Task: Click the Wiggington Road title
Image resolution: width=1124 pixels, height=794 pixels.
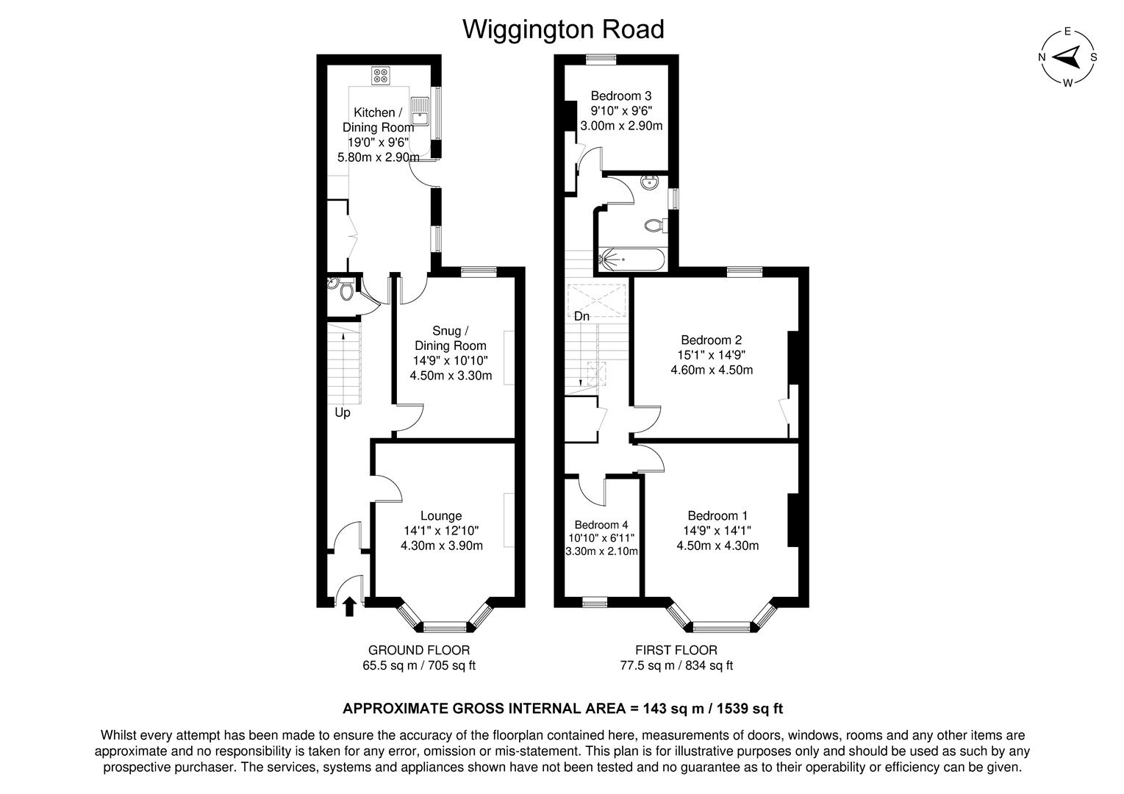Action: (562, 29)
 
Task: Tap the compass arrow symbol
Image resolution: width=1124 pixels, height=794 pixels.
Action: (1067, 57)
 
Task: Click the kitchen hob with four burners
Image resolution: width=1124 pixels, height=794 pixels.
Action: (381, 74)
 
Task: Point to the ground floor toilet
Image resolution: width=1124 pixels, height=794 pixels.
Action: (346, 292)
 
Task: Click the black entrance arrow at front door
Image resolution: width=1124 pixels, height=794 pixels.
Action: (349, 606)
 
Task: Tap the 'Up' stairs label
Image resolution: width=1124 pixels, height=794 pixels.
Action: (343, 412)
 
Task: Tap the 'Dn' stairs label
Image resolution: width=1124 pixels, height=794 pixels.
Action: (581, 316)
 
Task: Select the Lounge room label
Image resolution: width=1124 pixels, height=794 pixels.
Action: (441, 516)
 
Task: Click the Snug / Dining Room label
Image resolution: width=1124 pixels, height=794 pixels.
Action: (451, 338)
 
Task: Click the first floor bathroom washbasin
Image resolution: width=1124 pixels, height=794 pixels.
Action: (651, 183)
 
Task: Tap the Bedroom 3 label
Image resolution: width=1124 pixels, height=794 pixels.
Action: (621, 96)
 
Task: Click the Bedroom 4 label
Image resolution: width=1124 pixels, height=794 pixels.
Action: (601, 525)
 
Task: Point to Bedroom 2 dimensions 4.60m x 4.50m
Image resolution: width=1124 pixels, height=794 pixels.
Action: (711, 370)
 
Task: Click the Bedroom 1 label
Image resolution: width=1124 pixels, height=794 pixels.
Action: (717, 516)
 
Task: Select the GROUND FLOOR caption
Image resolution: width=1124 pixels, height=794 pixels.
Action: (418, 650)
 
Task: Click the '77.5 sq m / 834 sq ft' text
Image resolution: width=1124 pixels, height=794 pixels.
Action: (676, 666)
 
